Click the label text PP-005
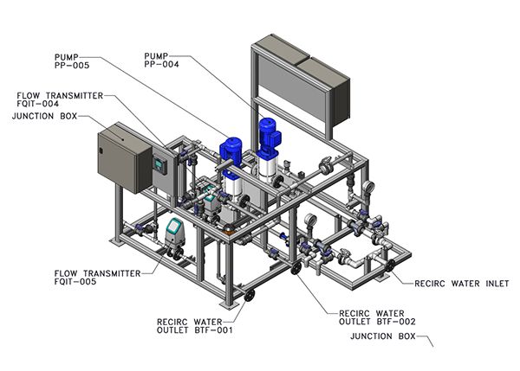coord(72,65)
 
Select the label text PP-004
coord(161,64)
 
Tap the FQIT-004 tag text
coord(38,104)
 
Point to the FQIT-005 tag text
coord(75,282)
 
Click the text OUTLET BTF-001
coord(195,330)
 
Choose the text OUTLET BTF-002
coord(377,322)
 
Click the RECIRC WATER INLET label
coord(462,284)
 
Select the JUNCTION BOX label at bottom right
coord(383,336)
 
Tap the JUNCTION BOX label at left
coord(44,116)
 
